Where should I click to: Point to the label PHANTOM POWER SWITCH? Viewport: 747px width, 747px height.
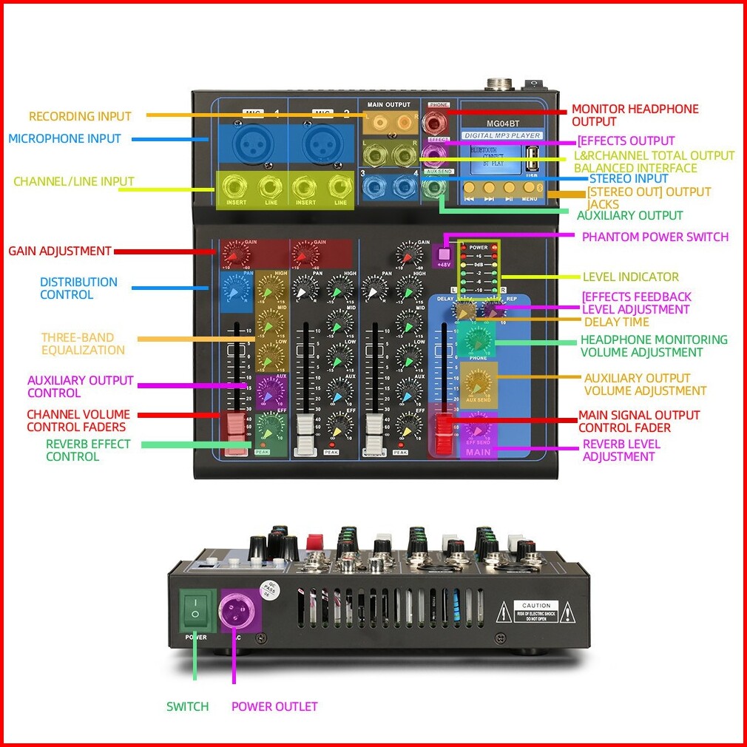[x=655, y=237]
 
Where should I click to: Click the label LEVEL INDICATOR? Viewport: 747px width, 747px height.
[x=630, y=277]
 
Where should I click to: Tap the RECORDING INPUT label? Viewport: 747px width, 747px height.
[x=80, y=116]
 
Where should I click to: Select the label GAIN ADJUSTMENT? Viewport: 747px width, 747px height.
[x=60, y=251]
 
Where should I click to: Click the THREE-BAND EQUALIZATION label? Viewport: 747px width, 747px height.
[x=83, y=344]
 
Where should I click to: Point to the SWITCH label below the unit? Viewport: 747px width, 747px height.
[x=187, y=706]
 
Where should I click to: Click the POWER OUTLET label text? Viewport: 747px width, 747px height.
[x=274, y=706]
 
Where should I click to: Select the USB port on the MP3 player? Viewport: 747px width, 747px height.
[x=530, y=159]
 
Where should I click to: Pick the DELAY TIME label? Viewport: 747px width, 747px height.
[x=616, y=322]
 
